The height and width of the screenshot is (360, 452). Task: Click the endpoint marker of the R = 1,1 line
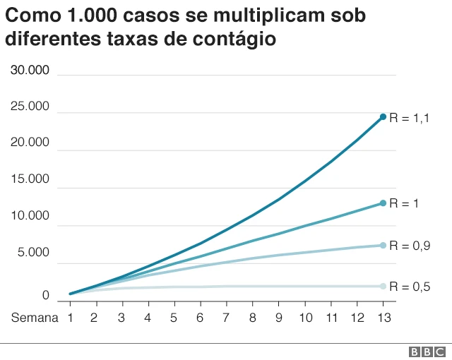click(383, 116)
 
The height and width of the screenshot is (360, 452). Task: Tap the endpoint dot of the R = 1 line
click(383, 203)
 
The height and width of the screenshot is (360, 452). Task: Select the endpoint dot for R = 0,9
click(383, 246)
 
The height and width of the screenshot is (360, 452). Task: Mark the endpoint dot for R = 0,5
click(383, 286)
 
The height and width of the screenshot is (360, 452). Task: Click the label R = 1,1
click(410, 119)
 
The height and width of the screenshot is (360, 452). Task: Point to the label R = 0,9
click(410, 246)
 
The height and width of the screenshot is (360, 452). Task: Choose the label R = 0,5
click(410, 287)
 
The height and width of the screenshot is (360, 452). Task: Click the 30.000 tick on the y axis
click(30, 70)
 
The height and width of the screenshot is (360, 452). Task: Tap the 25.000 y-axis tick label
click(30, 107)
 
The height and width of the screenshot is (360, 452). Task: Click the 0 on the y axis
click(45, 295)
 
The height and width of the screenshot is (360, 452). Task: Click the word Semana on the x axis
click(35, 318)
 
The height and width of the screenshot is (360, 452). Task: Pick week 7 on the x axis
click(226, 318)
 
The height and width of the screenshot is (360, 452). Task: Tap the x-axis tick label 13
click(383, 318)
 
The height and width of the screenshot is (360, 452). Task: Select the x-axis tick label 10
click(304, 318)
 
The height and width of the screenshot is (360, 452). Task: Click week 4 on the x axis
click(148, 318)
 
